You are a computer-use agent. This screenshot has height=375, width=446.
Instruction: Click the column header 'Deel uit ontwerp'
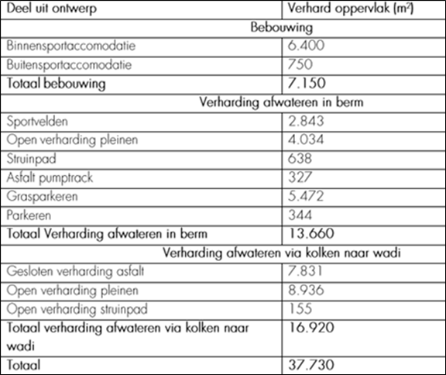pyautogui.click(x=46, y=11)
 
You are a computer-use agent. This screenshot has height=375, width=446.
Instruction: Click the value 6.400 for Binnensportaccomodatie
pyautogui.click(x=304, y=46)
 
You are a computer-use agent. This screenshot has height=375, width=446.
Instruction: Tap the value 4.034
pyautogui.click(x=304, y=139)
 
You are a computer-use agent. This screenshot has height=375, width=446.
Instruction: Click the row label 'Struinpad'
pyautogui.click(x=29, y=158)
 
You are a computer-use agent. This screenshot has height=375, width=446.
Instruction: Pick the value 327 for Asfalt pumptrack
pyautogui.click(x=298, y=177)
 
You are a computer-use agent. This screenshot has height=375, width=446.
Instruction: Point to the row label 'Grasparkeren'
pyautogui.click(x=38, y=195)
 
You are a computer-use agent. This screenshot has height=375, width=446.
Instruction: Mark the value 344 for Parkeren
pyautogui.click(x=298, y=213)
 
